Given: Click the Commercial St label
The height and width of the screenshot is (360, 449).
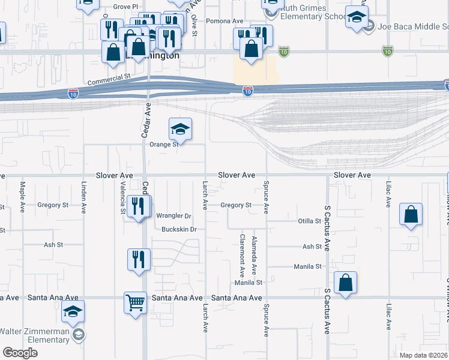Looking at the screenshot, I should (x=109, y=77).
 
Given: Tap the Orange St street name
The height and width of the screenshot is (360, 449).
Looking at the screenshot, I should (x=164, y=145).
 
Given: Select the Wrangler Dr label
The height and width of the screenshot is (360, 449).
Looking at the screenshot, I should (x=173, y=216).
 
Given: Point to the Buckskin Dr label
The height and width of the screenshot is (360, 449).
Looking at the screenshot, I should (x=179, y=229).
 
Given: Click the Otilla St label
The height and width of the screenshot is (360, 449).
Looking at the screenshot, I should (x=310, y=221).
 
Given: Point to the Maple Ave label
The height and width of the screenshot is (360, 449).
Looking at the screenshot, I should (x=23, y=197).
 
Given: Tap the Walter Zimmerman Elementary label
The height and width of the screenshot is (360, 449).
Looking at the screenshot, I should (x=34, y=335).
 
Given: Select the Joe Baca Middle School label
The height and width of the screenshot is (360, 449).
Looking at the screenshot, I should (x=413, y=26).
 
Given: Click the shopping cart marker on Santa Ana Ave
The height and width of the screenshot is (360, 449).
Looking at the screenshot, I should (x=136, y=302).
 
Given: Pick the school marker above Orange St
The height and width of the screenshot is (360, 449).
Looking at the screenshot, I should (x=179, y=129).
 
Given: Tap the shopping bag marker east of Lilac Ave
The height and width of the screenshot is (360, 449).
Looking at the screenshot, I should (x=411, y=215).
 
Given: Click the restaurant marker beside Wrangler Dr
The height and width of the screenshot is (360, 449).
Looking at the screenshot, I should (x=139, y=208).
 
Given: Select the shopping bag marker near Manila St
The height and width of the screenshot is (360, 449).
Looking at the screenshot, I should (x=346, y=283).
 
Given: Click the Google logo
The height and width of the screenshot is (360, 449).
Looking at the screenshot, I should (x=20, y=353).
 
